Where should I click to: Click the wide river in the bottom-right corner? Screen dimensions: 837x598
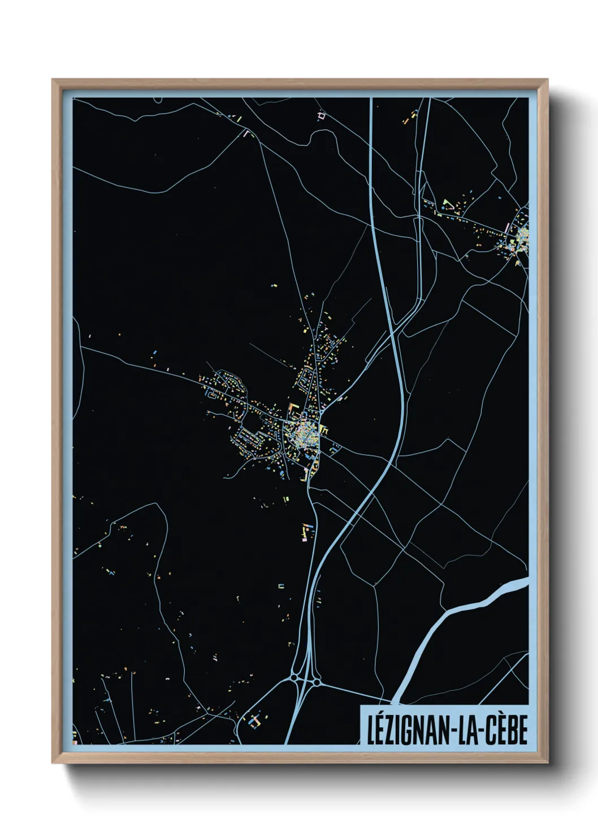click(452, 622)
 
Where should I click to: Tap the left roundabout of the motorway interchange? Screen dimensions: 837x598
click(294, 676)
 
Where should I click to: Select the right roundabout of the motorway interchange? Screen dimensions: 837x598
click(317, 683)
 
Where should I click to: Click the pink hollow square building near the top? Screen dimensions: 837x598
click(322, 115)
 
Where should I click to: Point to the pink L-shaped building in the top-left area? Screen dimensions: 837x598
click(246, 133)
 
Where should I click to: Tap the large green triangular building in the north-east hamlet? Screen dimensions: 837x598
click(448, 204)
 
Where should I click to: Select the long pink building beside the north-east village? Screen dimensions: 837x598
click(507, 228)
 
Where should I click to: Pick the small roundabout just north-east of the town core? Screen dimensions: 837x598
click(324, 430)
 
